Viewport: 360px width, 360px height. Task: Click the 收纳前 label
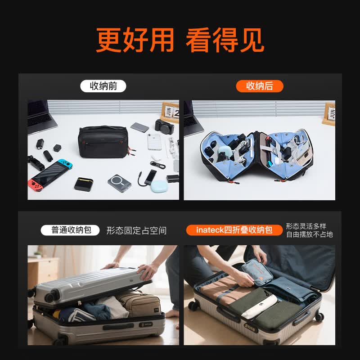[103, 86]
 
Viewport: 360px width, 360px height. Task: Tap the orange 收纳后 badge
[260, 86]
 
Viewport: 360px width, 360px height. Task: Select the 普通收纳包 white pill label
[70, 230]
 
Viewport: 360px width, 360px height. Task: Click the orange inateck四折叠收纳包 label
[234, 230]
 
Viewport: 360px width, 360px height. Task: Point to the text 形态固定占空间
[136, 231]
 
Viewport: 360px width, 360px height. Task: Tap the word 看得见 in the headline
[225, 41]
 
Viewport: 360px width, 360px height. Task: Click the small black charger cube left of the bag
[57, 148]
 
